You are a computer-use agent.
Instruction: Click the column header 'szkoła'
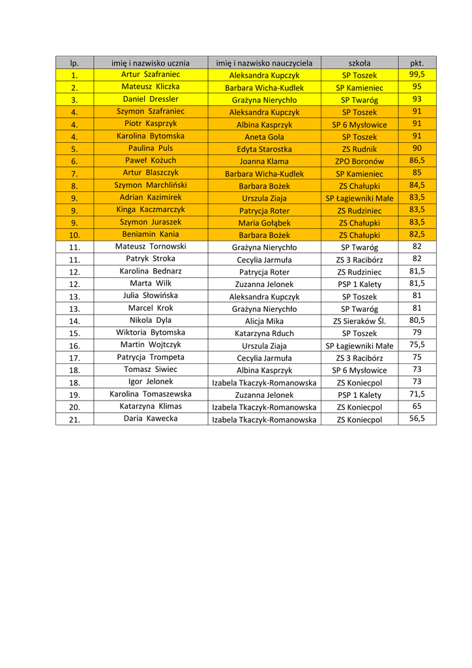(359, 63)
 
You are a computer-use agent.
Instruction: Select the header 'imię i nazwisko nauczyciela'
(264, 63)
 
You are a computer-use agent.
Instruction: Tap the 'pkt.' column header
(417, 63)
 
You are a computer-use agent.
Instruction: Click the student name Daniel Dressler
(151, 99)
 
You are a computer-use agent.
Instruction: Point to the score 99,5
(417, 74)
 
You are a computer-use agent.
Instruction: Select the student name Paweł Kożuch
(151, 160)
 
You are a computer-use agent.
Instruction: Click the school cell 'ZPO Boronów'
(359, 161)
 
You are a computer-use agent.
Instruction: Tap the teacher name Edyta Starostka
(264, 149)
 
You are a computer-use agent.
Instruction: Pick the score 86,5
(417, 160)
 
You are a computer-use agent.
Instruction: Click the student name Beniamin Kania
(151, 234)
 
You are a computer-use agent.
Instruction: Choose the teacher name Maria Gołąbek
(264, 223)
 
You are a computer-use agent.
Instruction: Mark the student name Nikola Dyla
(151, 320)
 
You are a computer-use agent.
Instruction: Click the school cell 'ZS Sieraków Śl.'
(359, 321)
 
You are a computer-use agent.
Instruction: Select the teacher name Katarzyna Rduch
(264, 333)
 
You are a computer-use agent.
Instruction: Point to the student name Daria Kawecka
(151, 418)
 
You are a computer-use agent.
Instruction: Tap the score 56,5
(417, 418)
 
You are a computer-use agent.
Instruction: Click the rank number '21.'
(74, 419)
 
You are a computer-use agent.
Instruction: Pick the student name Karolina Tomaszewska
(151, 394)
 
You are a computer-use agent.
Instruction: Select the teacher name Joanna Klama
(264, 161)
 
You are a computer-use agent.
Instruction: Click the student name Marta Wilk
(151, 283)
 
